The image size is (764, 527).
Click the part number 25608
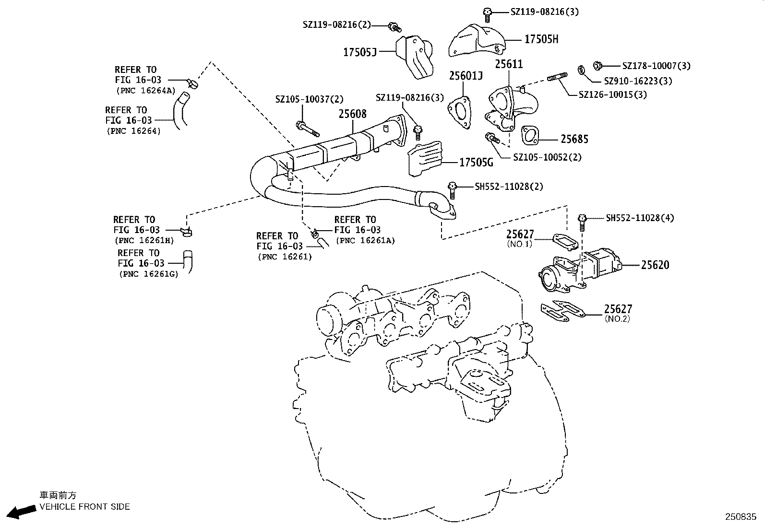tap(352, 114)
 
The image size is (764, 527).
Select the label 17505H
tap(541, 39)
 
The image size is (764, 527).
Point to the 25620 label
tap(655, 265)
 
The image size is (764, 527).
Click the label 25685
tap(574, 139)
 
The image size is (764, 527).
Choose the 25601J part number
tap(466, 76)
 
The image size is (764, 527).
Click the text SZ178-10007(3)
tap(656, 66)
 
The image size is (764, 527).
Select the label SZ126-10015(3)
tap(613, 94)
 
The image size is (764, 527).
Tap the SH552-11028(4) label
tap(640, 218)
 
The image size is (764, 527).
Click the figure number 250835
tap(740, 517)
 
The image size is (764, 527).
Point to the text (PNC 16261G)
tap(148, 274)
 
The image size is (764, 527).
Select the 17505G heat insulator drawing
tap(425, 158)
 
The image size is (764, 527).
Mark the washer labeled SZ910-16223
tap(581, 70)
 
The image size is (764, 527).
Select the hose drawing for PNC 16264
tap(180, 111)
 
